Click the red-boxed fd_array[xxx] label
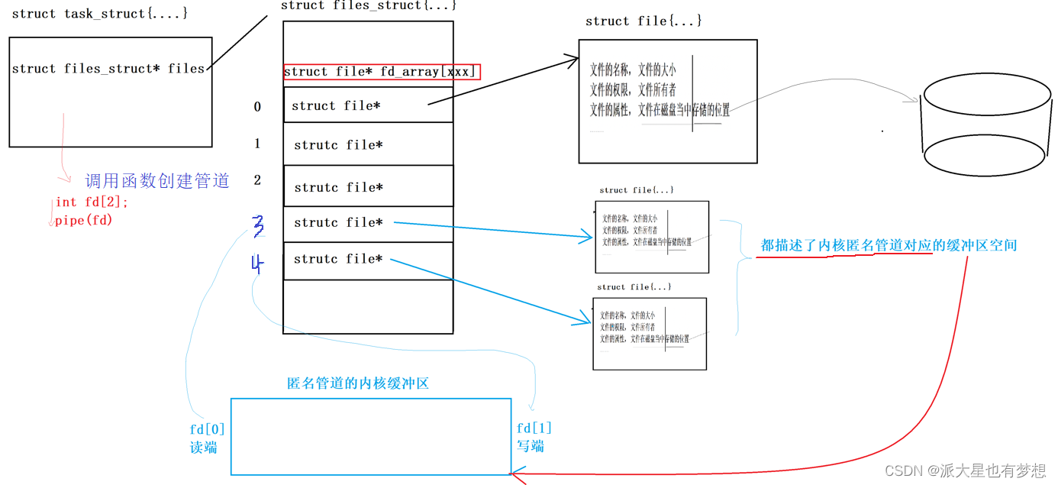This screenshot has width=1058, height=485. pos(382,72)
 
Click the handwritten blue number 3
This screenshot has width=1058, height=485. pos(258,225)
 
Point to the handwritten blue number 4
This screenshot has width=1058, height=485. pos(257,264)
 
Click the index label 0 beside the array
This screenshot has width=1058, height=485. pos(257,107)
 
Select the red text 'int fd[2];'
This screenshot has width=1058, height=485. pos(92,202)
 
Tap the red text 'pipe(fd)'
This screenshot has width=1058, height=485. pos(83,221)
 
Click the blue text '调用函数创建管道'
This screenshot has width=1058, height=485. pos(156,181)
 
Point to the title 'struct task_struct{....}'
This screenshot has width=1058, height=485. pos(99,14)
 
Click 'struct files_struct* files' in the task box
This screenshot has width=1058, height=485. pos(108,69)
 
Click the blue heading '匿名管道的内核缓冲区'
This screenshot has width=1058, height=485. pos(358,383)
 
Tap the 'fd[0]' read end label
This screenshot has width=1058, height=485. pos(207,429)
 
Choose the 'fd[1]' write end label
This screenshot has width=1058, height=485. pos(534,428)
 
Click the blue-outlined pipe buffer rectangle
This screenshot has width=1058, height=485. pos(371,437)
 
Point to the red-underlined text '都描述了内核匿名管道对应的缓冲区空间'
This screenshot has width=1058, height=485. pos(889,245)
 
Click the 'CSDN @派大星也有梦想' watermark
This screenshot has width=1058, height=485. pos(965,470)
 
